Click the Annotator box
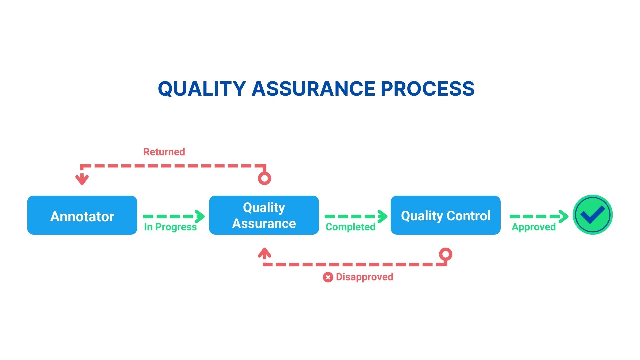pos(82,215)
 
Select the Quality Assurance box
pos(264,215)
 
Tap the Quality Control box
pos(446,215)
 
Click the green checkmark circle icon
pos(593,215)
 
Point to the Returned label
pos(164,152)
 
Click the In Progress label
pos(170,227)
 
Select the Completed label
pos(350,227)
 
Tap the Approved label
pos(534,227)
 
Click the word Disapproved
pos(364,277)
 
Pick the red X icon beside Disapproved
pos(328,277)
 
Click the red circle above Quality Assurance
pos(264,178)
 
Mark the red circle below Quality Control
pos(446,254)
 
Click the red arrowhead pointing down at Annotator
pos(82,179)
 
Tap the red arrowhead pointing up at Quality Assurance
pos(264,253)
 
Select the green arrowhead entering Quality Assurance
pos(200,216)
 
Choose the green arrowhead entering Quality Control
pos(383,216)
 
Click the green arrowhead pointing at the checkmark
pos(564,216)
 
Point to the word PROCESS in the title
pos(428,89)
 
